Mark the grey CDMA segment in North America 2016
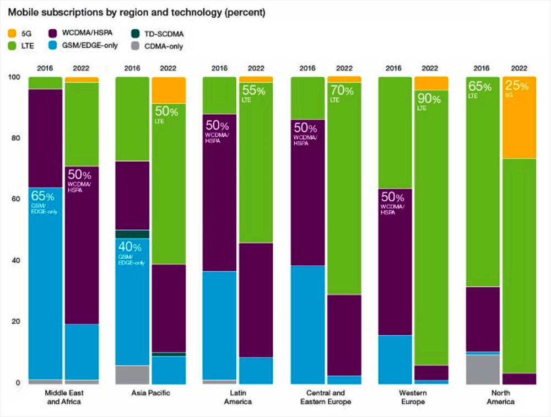tap(483, 369)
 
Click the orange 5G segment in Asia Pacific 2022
tap(168, 90)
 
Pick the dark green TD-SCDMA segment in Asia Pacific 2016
tap(132, 234)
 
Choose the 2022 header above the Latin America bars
tap(256, 68)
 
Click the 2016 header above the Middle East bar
tap(45, 68)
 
